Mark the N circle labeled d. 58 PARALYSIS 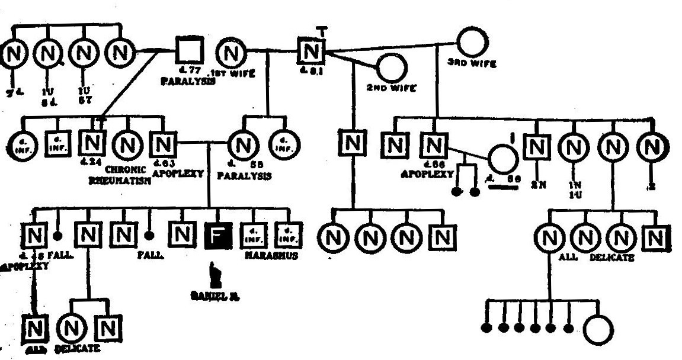(x=242, y=144)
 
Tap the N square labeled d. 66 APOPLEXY (x=434, y=144)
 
